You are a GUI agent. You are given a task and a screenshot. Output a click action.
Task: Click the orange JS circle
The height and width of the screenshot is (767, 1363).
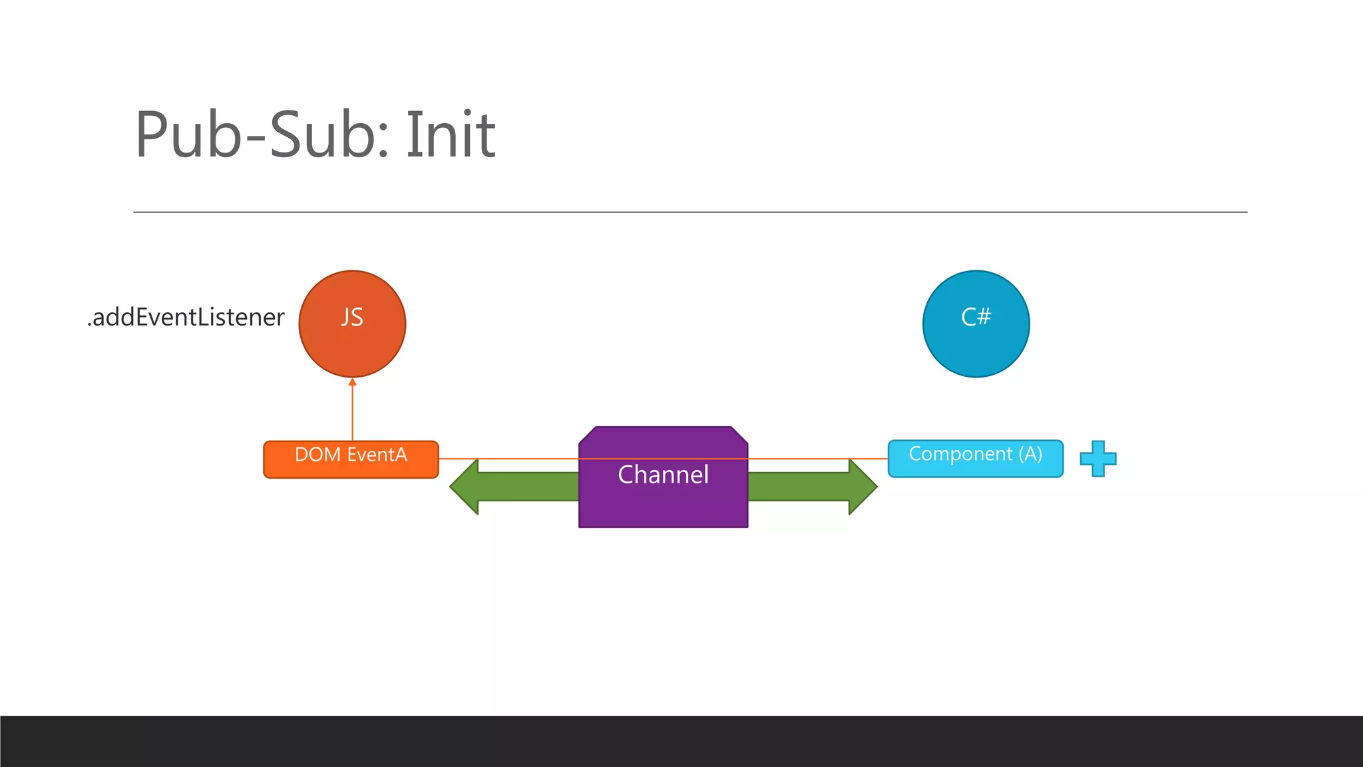[x=352, y=346]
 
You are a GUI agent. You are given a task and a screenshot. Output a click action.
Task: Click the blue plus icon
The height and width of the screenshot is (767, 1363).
[x=1097, y=459]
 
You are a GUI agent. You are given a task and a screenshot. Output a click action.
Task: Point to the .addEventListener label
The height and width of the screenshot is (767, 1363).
[x=186, y=318]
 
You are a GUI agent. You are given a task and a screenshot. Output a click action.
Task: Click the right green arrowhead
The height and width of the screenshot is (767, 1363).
[x=862, y=487]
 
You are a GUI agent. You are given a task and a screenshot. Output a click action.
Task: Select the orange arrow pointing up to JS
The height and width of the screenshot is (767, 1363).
[x=352, y=409]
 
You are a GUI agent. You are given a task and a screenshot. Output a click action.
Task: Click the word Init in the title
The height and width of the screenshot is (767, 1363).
[x=451, y=135]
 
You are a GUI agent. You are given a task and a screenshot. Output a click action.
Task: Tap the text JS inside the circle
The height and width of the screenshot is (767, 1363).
[x=352, y=317]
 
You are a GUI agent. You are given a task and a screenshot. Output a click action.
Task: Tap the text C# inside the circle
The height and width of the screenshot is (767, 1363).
[x=976, y=317]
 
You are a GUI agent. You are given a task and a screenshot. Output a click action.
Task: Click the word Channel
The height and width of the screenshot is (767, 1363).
[x=663, y=475]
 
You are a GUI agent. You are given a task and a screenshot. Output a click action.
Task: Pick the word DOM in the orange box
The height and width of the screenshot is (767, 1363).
[x=318, y=455]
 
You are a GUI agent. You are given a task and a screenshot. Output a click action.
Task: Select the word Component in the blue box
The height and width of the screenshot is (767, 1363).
[x=960, y=454]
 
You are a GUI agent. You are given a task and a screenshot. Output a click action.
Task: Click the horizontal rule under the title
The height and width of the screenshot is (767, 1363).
[x=689, y=212]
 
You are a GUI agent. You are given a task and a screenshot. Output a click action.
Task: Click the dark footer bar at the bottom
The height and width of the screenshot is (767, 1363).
[x=681, y=741]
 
